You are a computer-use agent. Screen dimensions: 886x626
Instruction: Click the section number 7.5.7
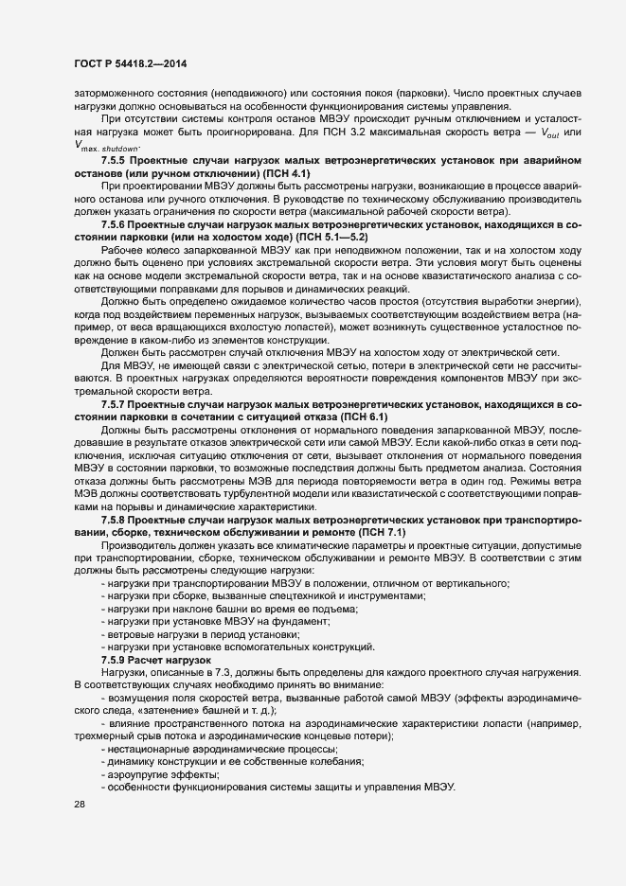116,404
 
